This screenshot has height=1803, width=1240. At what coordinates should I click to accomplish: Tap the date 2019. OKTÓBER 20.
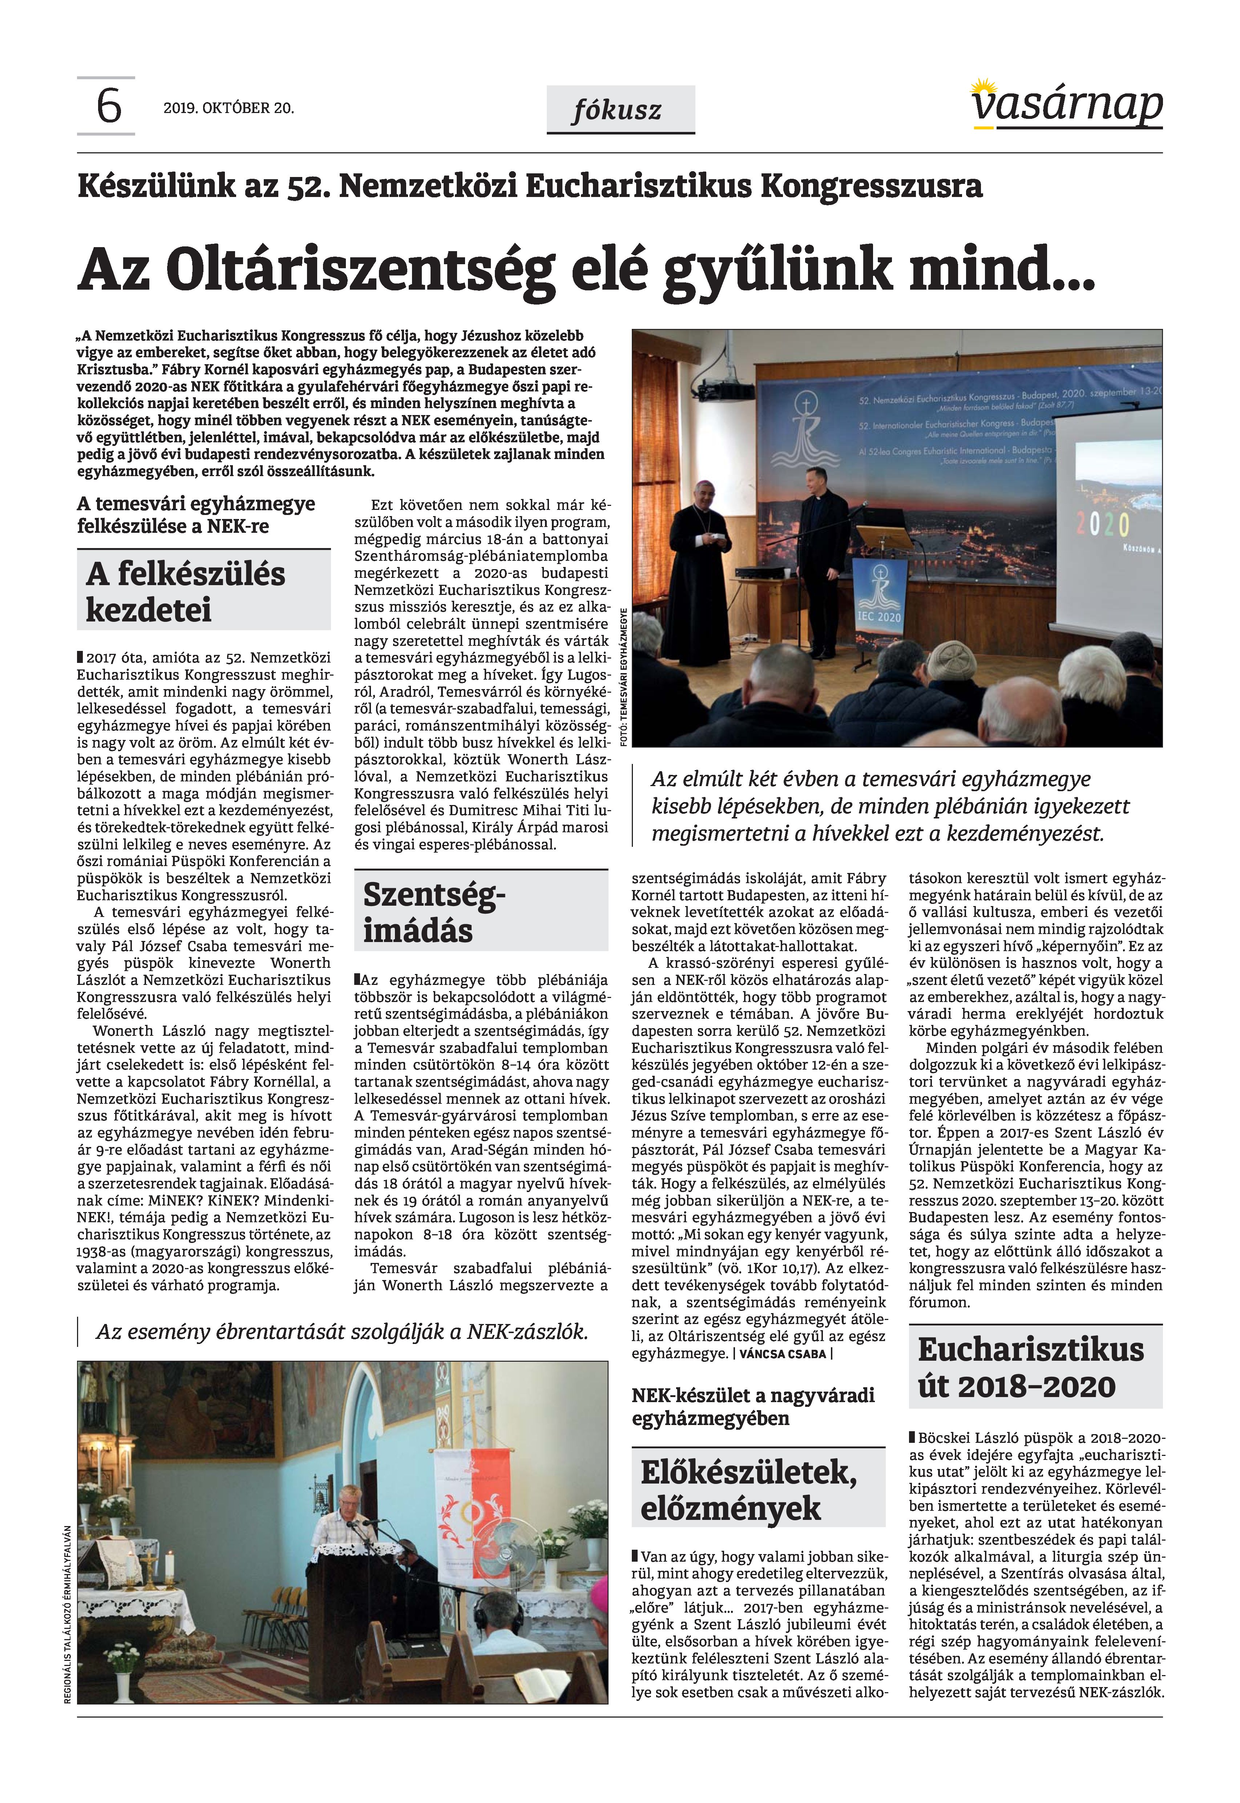229,108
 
